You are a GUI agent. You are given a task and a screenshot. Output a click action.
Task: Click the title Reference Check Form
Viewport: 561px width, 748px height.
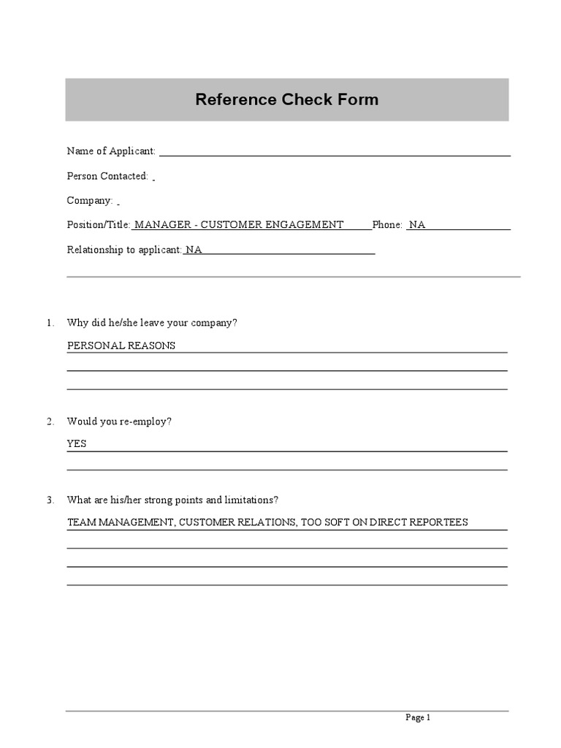(x=286, y=99)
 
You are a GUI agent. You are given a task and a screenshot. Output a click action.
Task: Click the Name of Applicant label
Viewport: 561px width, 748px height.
(x=111, y=151)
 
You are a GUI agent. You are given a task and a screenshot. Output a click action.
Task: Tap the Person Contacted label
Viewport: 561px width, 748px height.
(x=107, y=176)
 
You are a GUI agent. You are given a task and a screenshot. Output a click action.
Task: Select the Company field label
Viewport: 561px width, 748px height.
(x=90, y=200)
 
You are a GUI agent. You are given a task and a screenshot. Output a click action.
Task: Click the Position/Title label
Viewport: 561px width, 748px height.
(x=99, y=225)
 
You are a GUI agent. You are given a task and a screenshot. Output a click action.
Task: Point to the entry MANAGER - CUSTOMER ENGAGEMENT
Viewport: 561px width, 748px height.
(x=240, y=225)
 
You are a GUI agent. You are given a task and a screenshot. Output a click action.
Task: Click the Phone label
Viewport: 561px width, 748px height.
(x=387, y=225)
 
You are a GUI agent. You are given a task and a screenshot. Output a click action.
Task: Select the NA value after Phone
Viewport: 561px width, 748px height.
(x=417, y=225)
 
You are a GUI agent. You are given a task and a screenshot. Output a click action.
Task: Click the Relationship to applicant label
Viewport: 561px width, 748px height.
(x=124, y=250)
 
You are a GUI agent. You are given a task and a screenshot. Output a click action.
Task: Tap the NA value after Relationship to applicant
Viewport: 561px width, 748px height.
(x=194, y=250)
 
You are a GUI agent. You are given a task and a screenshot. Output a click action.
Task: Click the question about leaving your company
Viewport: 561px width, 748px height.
(x=152, y=322)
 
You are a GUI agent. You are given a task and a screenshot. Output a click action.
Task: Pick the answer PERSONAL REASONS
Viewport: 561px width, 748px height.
(x=121, y=346)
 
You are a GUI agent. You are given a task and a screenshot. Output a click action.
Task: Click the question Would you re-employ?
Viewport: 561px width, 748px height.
(x=119, y=421)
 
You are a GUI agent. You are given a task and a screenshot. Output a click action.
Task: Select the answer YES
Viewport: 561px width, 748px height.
(x=77, y=443)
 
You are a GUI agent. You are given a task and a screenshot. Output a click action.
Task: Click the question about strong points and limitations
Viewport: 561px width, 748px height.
(x=172, y=500)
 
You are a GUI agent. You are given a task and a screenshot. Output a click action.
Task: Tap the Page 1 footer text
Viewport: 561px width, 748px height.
(x=418, y=717)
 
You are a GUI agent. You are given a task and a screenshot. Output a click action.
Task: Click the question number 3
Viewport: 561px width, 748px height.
(x=50, y=500)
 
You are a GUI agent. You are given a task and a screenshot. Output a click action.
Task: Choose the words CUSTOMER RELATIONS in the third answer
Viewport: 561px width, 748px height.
(x=237, y=522)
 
